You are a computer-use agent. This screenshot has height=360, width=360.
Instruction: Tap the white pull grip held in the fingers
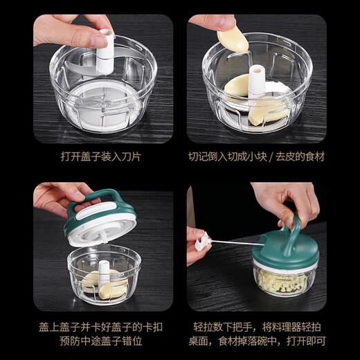pyautogui.click(x=202, y=242)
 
